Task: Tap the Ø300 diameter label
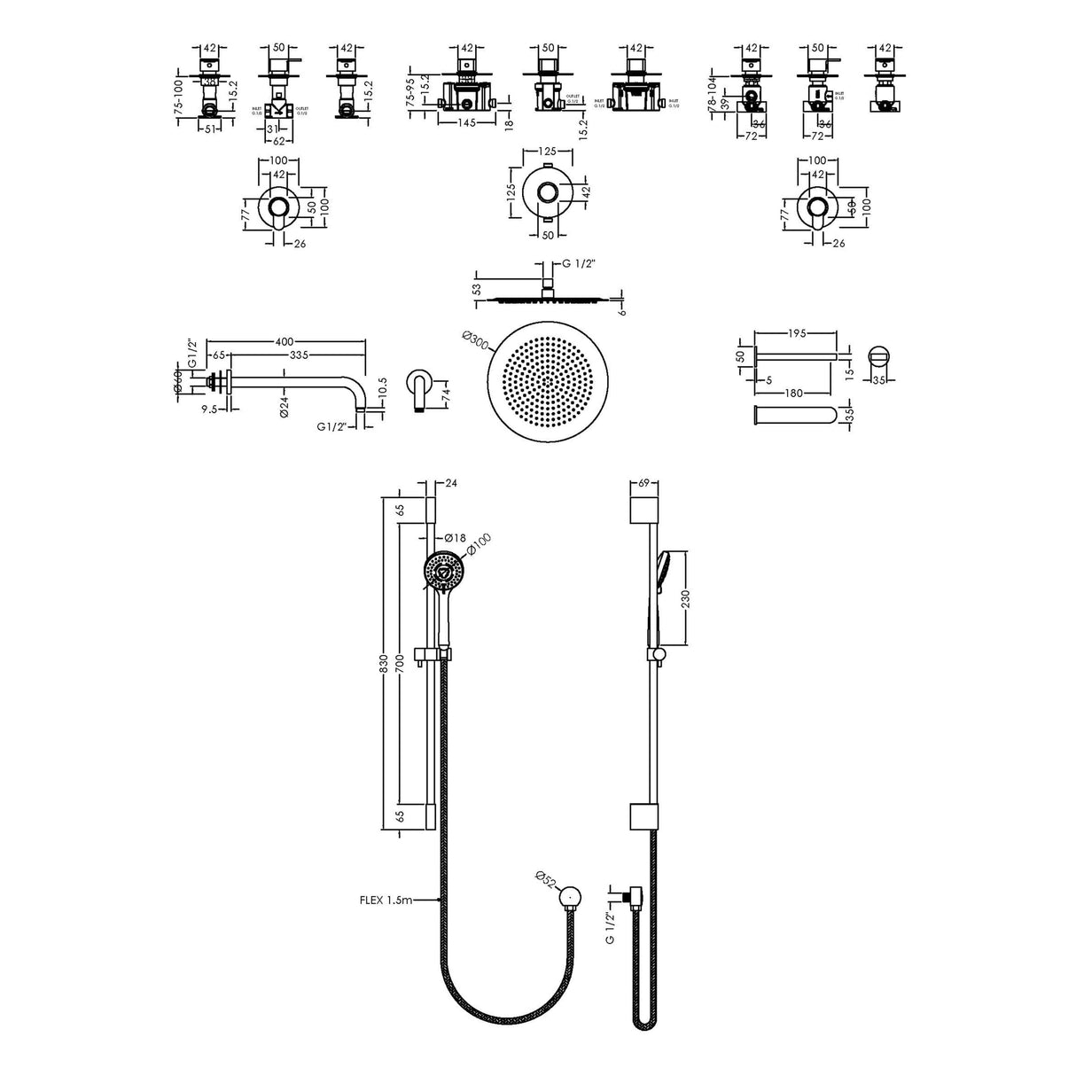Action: (x=474, y=342)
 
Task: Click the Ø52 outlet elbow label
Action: (x=547, y=881)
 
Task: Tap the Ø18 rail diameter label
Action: (x=455, y=537)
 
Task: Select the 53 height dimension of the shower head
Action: (x=477, y=289)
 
